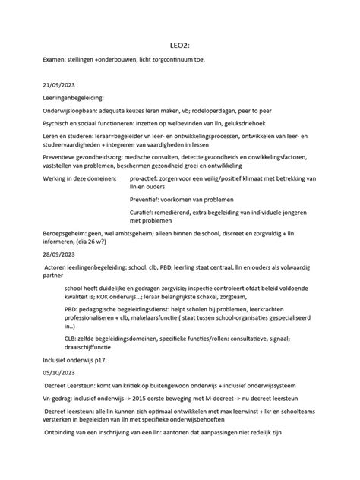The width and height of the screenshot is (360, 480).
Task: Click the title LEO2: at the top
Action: pos(179,45)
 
